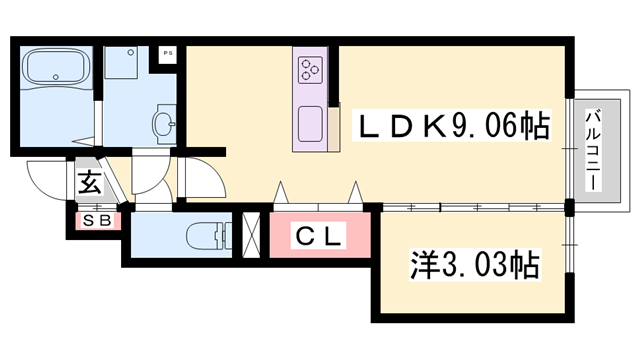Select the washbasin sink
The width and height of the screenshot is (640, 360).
click(164, 125)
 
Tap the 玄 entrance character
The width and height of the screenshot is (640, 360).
click(90, 184)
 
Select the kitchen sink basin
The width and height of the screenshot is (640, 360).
click(309, 127)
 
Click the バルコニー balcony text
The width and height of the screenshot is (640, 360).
click(592, 150)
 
